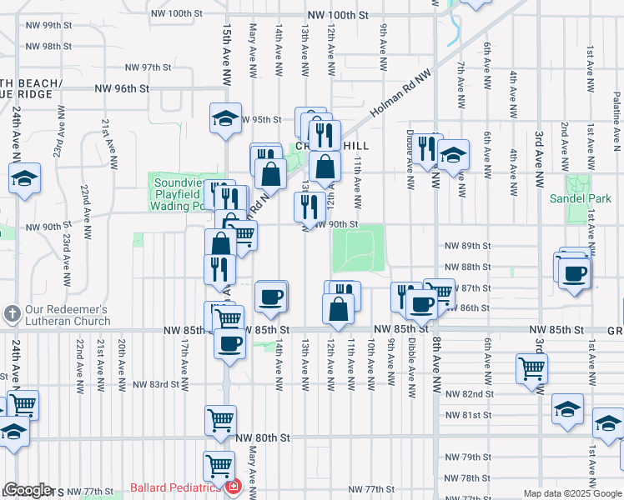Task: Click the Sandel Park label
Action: pyautogui.click(x=581, y=198)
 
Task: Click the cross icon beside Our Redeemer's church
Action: pyautogui.click(x=12, y=315)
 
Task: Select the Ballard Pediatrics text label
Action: pyautogui.click(x=174, y=487)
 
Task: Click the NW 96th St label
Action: pyautogui.click(x=122, y=87)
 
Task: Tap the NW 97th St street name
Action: pyautogui.click(x=148, y=67)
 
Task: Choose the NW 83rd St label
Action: pyautogui.click(x=156, y=384)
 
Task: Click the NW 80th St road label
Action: pyautogui.click(x=262, y=437)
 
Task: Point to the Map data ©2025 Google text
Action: pyautogui.click(x=572, y=493)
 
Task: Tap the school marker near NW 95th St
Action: pyautogui.click(x=224, y=119)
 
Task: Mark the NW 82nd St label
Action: pyautogui.click(x=469, y=393)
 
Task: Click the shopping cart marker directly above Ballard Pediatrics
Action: pyautogui.click(x=219, y=465)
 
